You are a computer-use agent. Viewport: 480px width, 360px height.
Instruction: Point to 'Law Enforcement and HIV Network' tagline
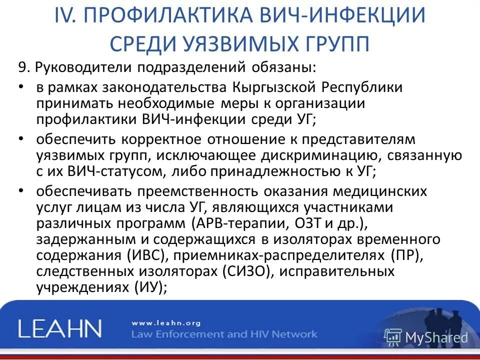[223, 334]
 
